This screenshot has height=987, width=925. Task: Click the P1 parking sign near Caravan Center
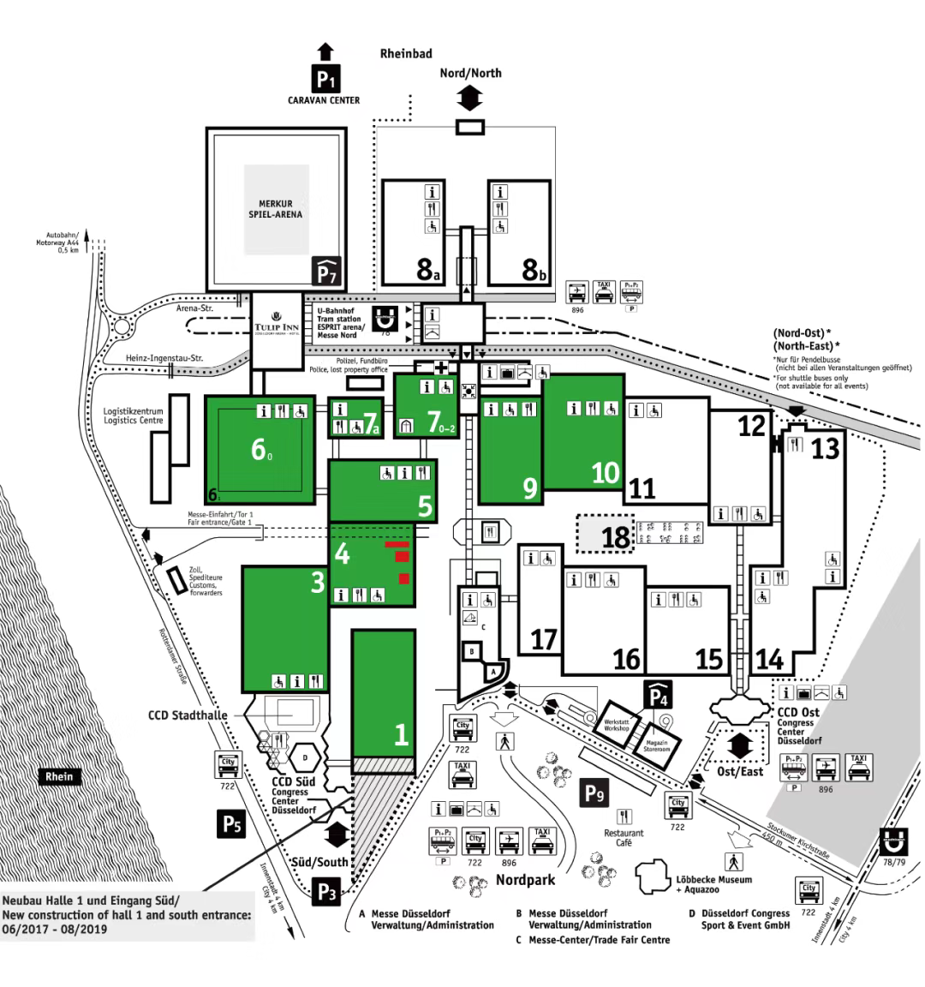tap(325, 80)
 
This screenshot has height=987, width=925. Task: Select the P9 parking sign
tap(595, 793)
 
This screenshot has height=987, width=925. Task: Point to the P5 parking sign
tap(231, 824)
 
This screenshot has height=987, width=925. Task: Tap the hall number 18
tap(616, 537)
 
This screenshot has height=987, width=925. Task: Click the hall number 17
tap(544, 639)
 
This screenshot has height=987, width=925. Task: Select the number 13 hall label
tap(825, 448)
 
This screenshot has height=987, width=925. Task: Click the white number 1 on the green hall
tap(400, 734)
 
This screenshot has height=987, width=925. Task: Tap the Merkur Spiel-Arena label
tap(275, 208)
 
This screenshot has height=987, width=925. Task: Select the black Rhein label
tap(59, 776)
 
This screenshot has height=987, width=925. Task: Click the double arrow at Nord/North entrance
tap(469, 99)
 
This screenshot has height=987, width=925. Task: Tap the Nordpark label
tap(525, 880)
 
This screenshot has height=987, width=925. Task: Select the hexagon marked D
tap(305, 757)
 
